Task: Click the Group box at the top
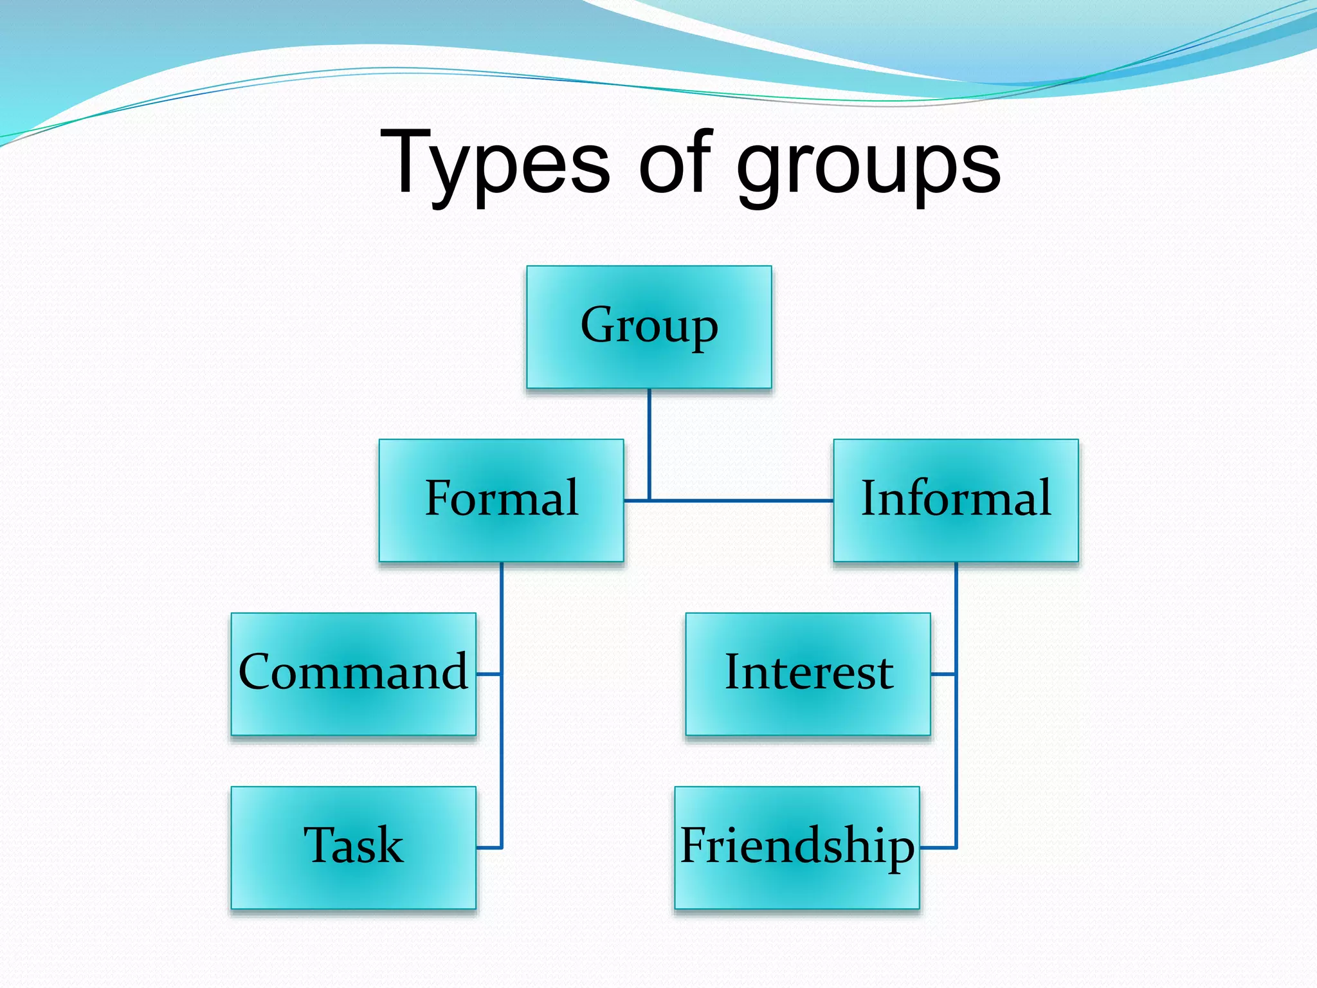coord(649,327)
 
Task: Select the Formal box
coord(501,500)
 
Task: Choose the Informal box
coord(956,500)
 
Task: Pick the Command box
coord(353,673)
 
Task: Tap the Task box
coord(353,847)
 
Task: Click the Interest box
coord(808,673)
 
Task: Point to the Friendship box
coord(797,847)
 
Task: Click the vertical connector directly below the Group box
coord(649,444)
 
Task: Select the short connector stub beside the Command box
coord(489,674)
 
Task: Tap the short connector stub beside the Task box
coord(489,848)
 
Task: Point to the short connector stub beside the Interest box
coord(943,674)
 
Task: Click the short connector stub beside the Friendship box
coord(938,848)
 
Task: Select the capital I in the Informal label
coord(869,498)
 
